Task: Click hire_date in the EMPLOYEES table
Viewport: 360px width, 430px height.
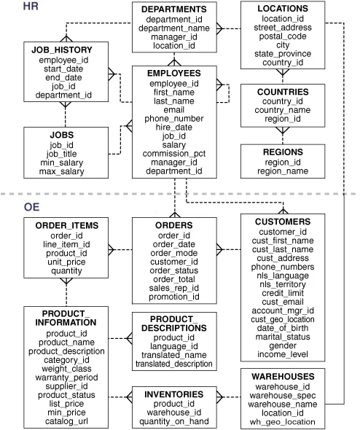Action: [174, 126]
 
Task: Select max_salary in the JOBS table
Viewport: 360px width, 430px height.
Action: [62, 172]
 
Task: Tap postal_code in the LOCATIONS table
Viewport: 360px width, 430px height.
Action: [282, 35]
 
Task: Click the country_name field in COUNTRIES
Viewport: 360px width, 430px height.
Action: [283, 110]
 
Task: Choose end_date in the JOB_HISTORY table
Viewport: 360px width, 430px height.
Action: [62, 77]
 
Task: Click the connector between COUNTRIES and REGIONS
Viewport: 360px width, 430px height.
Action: [283, 133]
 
